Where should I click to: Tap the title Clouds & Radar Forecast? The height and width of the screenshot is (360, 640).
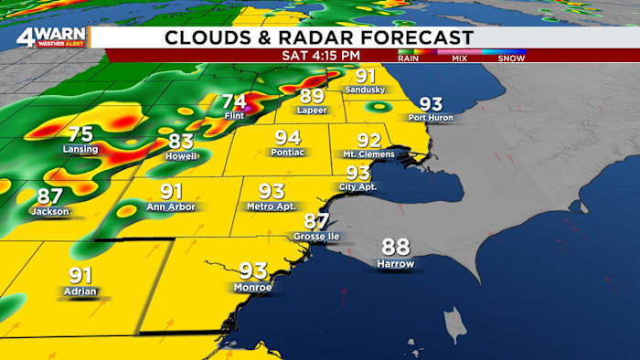click(x=319, y=37)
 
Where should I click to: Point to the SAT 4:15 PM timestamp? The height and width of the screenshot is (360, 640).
click(x=318, y=56)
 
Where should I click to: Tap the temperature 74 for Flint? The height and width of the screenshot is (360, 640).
click(x=234, y=102)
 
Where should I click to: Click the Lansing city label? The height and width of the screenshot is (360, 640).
click(x=80, y=149)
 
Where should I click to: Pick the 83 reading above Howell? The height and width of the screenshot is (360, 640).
click(x=181, y=142)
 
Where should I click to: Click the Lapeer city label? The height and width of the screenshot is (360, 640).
click(x=311, y=111)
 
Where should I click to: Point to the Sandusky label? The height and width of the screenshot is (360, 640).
click(x=366, y=90)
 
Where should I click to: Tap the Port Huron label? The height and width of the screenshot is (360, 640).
click(x=431, y=118)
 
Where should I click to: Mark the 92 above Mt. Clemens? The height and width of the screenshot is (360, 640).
click(x=368, y=140)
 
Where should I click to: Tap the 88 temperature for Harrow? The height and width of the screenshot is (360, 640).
click(x=396, y=247)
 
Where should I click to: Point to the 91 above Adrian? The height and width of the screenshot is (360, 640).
click(x=80, y=275)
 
